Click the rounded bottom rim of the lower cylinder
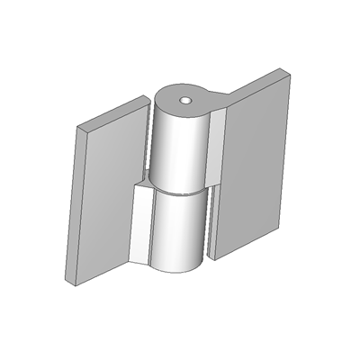(x=175, y=269)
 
